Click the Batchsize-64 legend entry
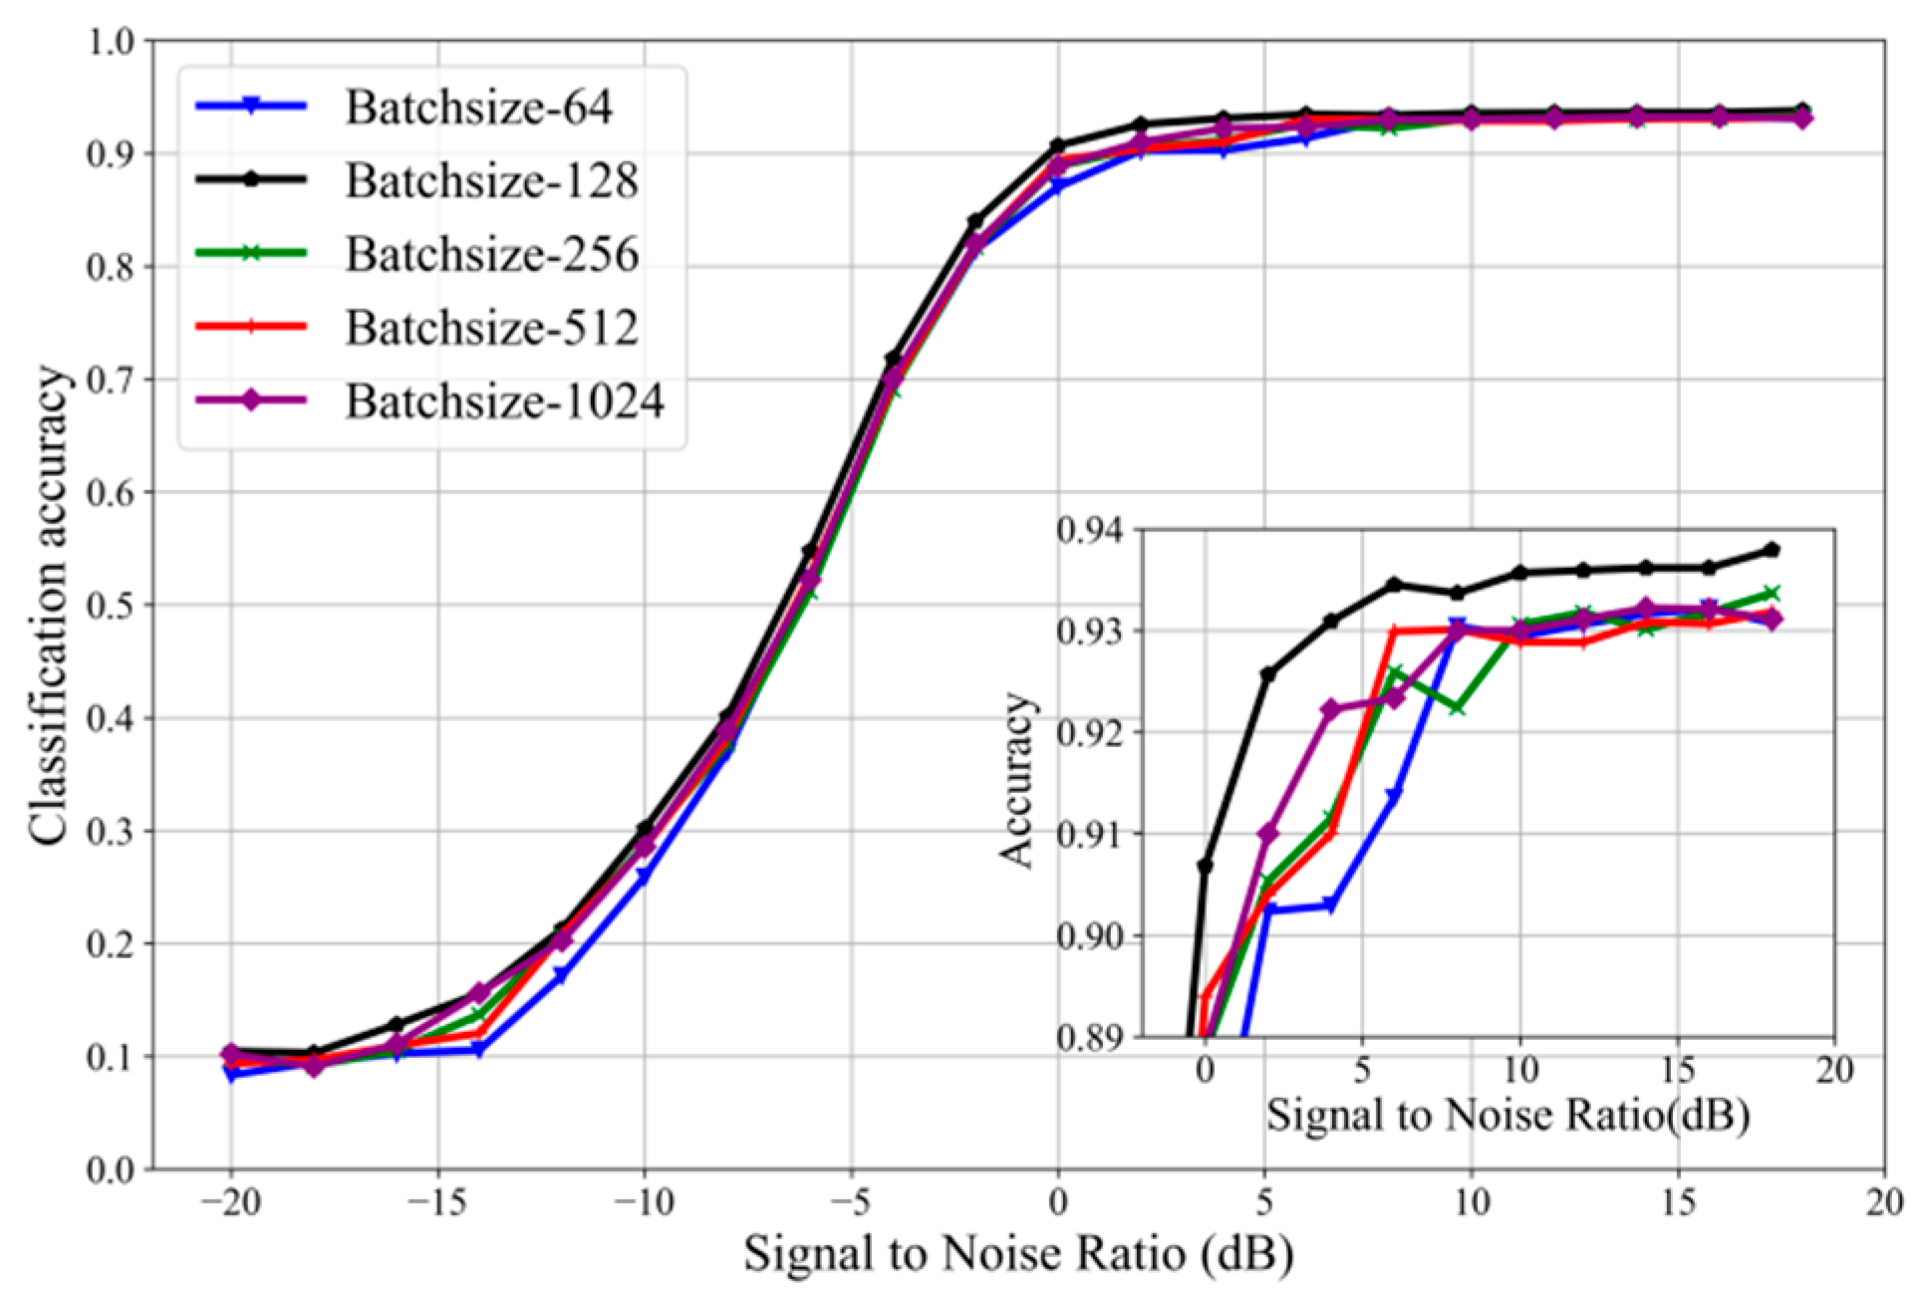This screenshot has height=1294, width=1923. (x=478, y=108)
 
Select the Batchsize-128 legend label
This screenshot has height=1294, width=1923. (x=491, y=181)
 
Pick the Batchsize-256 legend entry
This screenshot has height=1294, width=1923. (x=491, y=255)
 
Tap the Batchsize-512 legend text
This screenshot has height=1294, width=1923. (x=491, y=328)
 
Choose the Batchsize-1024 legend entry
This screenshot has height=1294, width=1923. (x=504, y=401)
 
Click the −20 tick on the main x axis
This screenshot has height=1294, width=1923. (x=230, y=1203)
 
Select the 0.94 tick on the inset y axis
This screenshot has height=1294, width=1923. (x=1089, y=529)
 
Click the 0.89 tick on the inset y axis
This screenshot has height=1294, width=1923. (x=1089, y=1038)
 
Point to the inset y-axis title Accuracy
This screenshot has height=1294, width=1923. (x=1017, y=781)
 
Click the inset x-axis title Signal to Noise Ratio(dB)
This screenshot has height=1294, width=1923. (x=1508, y=1115)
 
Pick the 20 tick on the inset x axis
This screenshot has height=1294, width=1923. (x=1833, y=1071)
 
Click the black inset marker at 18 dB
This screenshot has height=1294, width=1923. (x=1772, y=550)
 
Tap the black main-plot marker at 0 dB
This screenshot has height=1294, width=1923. (x=1058, y=145)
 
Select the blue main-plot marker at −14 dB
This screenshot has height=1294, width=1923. (x=479, y=1050)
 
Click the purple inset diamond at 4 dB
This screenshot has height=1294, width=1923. (x=1330, y=709)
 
